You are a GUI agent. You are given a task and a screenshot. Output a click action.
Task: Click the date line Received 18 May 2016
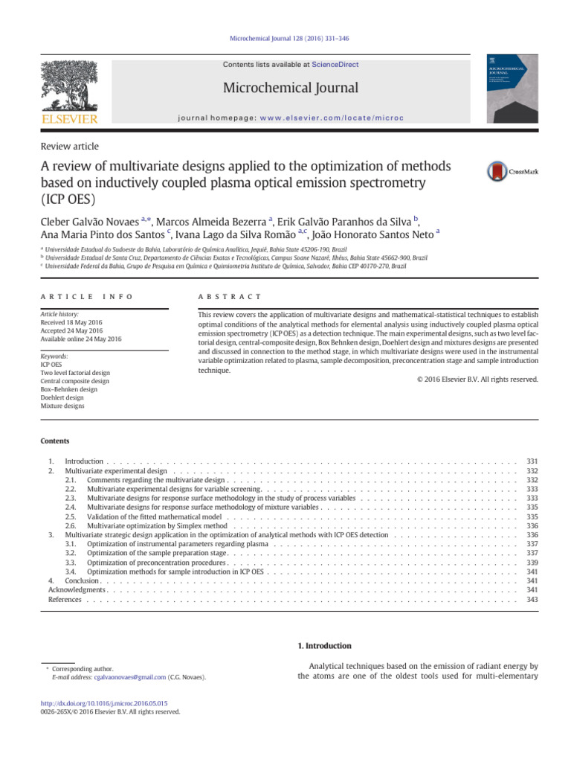(72, 324)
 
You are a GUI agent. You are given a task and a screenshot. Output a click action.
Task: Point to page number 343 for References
(532, 599)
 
